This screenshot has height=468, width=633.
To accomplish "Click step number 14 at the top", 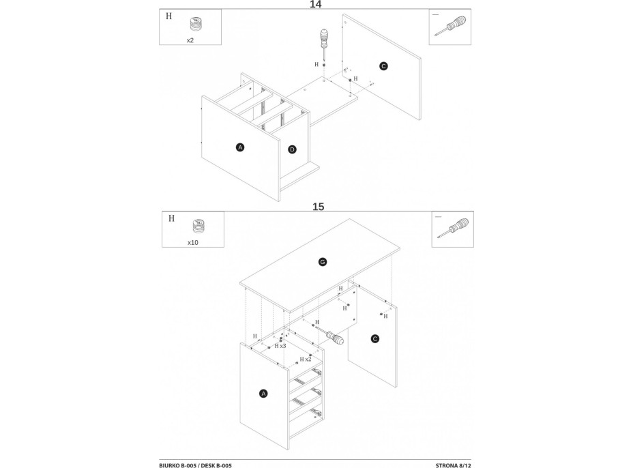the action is pos(315,5).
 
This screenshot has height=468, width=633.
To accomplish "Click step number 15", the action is pos(318,207).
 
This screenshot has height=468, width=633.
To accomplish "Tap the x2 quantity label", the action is pos(190,40).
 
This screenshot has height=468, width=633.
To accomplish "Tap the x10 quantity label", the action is pos(193,243).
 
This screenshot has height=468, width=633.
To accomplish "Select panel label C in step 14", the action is pos(383,66).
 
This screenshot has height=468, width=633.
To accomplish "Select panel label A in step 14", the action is pos(240,147).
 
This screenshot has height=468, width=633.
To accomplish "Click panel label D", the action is pos(292,150).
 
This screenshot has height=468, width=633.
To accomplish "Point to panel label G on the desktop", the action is pos(323,262).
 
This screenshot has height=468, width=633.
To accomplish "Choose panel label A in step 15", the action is pos(263,394).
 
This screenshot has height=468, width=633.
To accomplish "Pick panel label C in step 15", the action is pos(374,339).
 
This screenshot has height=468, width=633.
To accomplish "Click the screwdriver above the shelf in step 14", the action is pos(324,45).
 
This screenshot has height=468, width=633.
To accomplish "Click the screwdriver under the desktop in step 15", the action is pos(330,335).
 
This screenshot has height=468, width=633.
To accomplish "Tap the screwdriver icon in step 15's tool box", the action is pos(453,228).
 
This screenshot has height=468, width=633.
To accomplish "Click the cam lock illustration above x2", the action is pos(195,25).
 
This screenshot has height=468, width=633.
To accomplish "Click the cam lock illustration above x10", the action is pos(198,226).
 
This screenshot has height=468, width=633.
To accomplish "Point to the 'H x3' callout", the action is pos(280,346).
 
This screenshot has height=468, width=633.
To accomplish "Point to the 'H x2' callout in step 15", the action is pos(306,359).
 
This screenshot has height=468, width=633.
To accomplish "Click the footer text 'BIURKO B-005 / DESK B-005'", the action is pos(195,465).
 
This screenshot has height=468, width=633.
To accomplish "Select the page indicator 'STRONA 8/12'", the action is pos(453,465).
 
